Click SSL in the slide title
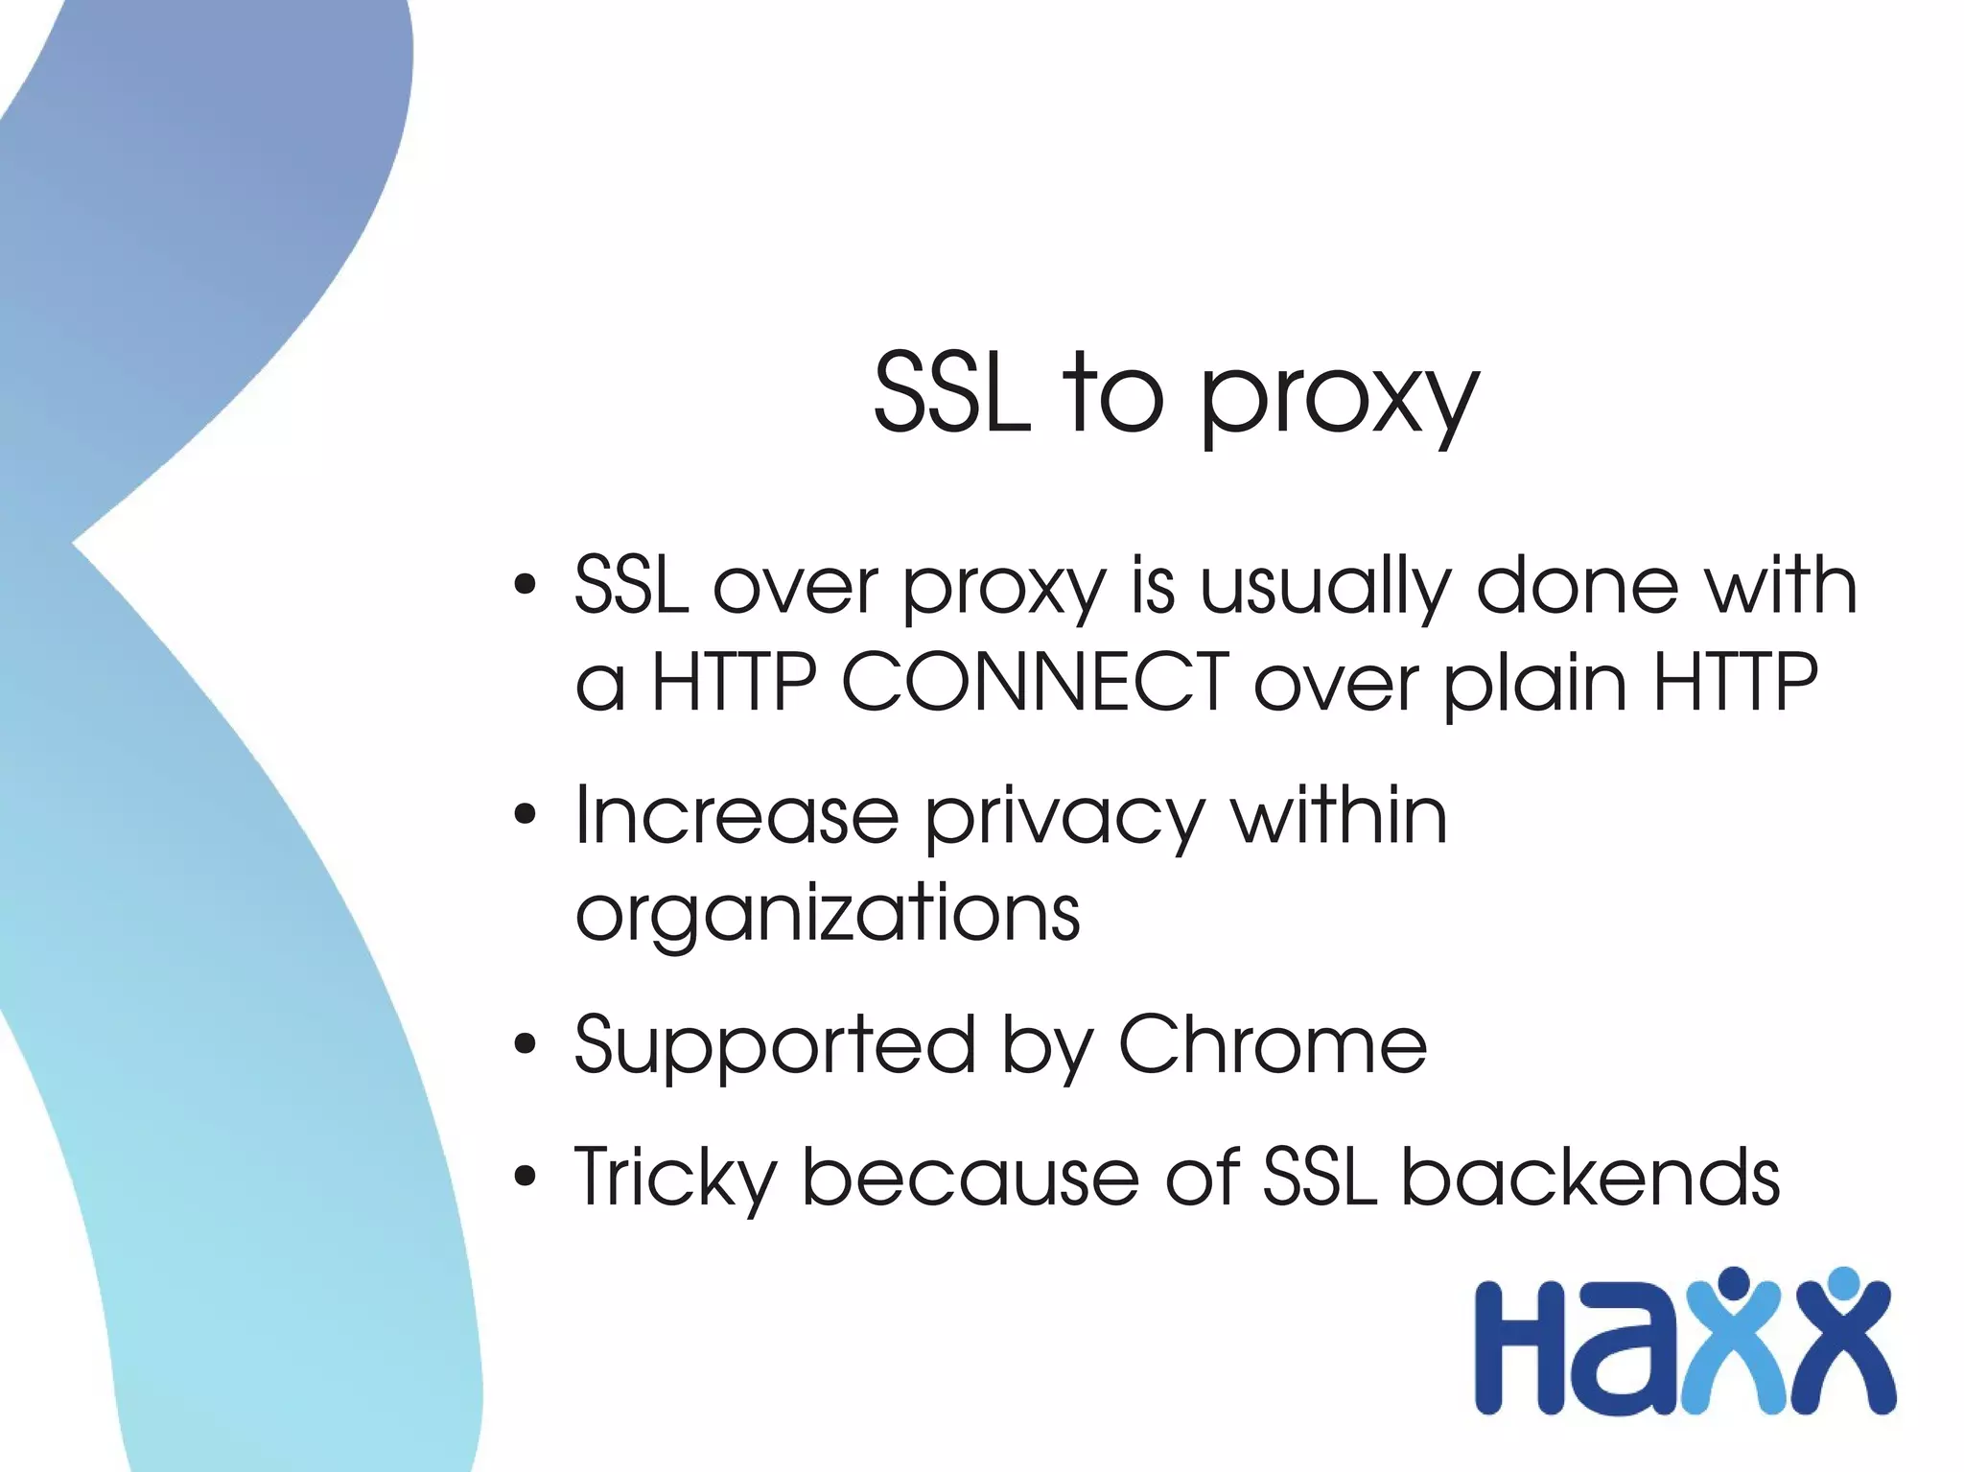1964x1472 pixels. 951,393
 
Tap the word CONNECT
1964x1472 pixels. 1036,682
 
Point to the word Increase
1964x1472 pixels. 736,816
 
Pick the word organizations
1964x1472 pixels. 828,914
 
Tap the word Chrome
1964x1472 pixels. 1273,1044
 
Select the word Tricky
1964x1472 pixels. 675,1179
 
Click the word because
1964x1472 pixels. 970,1177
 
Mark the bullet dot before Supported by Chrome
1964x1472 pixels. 525,1044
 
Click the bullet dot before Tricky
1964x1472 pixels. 525,1177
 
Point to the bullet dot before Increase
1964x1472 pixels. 525,816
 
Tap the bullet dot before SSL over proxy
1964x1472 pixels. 525,585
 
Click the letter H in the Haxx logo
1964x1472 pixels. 1520,1348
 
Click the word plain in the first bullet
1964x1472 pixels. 1534,684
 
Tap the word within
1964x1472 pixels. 1339,816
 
